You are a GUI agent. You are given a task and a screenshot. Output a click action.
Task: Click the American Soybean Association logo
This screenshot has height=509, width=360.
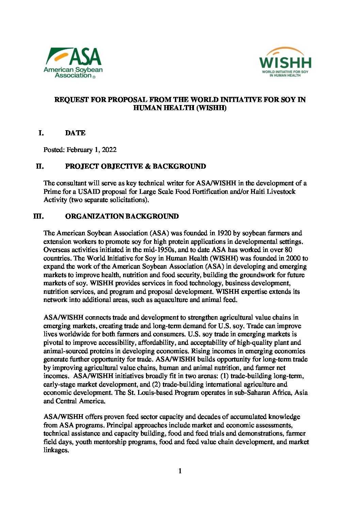pyautogui.click(x=73, y=63)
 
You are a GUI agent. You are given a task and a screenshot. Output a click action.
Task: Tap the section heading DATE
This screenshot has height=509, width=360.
pyautogui.click(x=75, y=133)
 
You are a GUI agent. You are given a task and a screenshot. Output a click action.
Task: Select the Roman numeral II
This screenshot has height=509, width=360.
pyautogui.click(x=40, y=166)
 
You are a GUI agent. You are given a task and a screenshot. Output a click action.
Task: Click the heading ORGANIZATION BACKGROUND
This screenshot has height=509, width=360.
pyautogui.click(x=122, y=216)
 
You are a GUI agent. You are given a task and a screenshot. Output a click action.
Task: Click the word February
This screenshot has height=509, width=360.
pyautogui.click(x=79, y=150)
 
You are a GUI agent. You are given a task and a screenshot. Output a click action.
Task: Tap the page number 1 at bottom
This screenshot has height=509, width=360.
pyautogui.click(x=180, y=471)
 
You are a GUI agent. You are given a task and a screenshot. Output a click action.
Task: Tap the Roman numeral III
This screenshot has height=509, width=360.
pyautogui.click(x=38, y=216)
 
